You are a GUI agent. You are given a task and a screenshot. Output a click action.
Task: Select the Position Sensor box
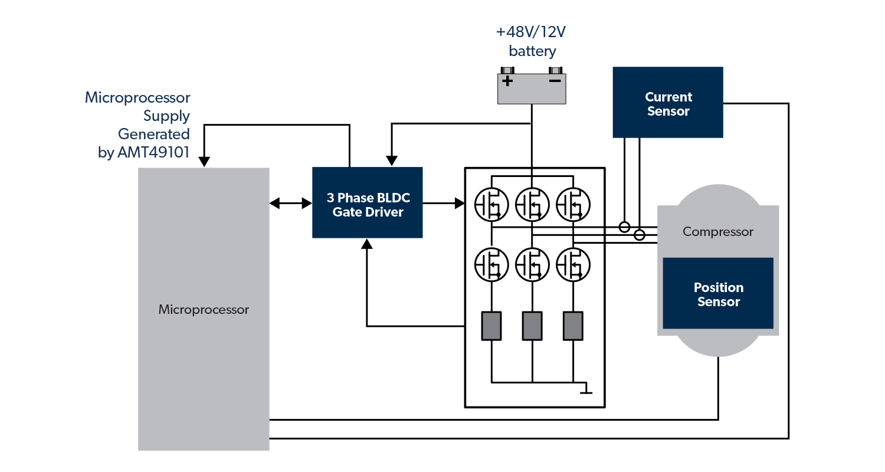[x=717, y=293]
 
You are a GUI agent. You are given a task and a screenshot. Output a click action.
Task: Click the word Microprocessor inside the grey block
[x=204, y=309]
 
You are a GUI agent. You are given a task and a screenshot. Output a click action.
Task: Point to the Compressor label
[x=717, y=231]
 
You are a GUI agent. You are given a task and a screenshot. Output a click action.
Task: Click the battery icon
[x=531, y=88]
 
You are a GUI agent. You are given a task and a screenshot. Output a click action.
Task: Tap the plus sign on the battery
[x=507, y=80]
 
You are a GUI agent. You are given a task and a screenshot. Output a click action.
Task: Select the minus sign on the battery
[x=555, y=80]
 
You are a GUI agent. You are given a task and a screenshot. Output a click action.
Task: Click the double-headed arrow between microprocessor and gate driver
[x=290, y=204]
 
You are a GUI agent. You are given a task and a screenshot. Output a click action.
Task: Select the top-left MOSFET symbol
[x=491, y=204]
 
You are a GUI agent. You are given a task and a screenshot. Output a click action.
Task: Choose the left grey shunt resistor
[x=491, y=326]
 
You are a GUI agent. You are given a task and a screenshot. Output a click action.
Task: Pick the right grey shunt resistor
[x=573, y=326]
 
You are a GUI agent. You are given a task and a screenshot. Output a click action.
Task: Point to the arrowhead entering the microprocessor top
[x=204, y=161]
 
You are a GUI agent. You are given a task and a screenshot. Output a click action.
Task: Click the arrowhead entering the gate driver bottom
[x=367, y=244]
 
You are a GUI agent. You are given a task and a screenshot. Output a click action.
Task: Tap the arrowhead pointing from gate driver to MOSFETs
[x=460, y=204]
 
